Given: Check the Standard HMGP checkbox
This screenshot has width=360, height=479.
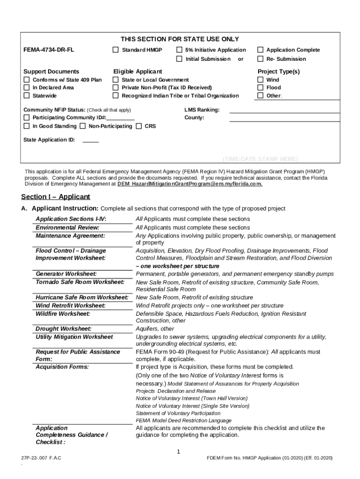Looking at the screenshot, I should click(115, 50).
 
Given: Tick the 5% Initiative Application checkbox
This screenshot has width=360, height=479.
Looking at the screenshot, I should click(179, 50).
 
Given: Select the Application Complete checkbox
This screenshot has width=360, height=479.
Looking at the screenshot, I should click(260, 50).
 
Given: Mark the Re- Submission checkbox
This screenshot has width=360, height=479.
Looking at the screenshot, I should click(260, 59).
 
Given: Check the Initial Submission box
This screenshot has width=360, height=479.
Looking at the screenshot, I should click(179, 59).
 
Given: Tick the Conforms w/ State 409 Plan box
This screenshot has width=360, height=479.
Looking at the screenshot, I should click(27, 80).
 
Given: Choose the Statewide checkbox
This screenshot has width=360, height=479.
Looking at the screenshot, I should click(27, 96).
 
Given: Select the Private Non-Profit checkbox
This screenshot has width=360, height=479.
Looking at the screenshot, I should click(115, 88).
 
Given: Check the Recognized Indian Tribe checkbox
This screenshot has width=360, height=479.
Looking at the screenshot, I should click(115, 96).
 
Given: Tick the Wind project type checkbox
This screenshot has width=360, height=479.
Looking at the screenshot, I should click(260, 80).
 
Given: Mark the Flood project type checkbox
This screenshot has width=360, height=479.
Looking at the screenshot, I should click(260, 88).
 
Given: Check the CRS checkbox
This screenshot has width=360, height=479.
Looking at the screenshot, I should click(138, 126).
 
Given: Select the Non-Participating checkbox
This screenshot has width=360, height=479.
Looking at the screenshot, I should click(82, 126).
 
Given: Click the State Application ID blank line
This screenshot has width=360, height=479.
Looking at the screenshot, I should click(90, 141).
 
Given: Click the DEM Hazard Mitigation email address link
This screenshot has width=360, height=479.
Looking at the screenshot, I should click(189, 184).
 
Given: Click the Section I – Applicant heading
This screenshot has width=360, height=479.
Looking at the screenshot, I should click(56, 197).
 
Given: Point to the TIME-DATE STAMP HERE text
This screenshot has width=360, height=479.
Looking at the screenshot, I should click(260, 159).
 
